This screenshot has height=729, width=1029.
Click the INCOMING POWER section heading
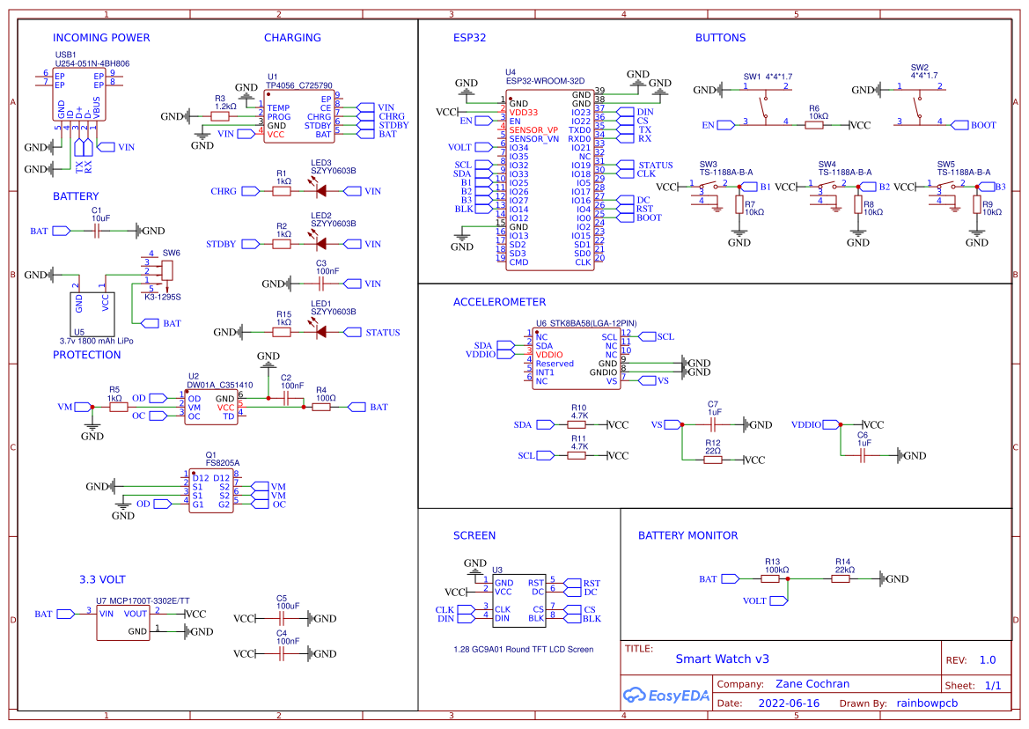tap(101, 38)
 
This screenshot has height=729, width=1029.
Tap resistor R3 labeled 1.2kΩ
tap(220, 116)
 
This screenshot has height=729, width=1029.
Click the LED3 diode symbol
tap(320, 191)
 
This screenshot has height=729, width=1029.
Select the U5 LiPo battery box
tap(92, 310)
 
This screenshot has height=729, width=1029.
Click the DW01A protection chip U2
tap(210, 407)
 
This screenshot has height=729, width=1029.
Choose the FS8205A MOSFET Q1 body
tap(212, 491)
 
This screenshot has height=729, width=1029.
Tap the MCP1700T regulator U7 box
tap(123, 622)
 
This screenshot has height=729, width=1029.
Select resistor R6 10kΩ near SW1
tap(814, 125)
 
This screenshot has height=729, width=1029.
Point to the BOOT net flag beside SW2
tap(978, 125)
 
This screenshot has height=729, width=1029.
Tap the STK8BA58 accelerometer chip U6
tap(577, 359)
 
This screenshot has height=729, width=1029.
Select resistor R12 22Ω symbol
tap(712, 460)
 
